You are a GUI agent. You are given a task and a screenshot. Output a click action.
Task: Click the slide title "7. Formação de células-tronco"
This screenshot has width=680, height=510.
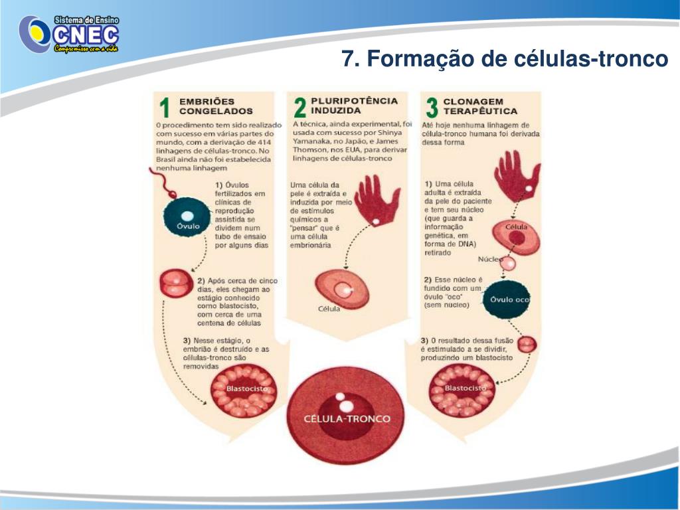click(x=505, y=59)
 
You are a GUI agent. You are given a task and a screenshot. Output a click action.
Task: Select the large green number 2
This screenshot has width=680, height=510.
click(x=299, y=108)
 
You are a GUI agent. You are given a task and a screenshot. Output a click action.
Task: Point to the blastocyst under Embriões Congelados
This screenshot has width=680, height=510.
click(x=243, y=390)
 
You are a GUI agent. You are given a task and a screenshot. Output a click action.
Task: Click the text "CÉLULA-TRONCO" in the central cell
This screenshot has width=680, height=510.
click(x=347, y=419)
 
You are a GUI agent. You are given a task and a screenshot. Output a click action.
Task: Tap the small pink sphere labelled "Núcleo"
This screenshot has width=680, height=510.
click(x=507, y=263)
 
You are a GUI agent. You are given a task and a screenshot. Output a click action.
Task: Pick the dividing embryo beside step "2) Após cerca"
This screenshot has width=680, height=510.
click(x=175, y=284)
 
